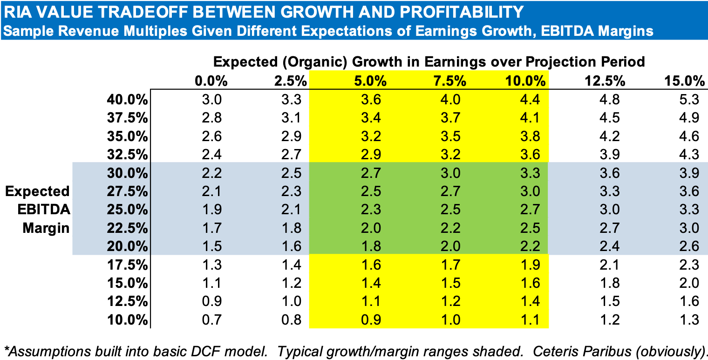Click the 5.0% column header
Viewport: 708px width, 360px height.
click(370, 81)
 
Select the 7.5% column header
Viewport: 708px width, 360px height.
click(450, 81)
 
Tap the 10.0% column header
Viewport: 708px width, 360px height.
click(525, 81)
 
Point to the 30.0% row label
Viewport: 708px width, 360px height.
click(126, 173)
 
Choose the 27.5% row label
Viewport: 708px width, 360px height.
click(126, 191)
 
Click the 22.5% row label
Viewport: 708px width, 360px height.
click(126, 228)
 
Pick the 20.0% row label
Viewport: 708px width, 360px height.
click(126, 246)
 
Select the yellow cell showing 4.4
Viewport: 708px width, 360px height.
click(530, 100)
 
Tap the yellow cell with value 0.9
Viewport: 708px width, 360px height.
click(371, 319)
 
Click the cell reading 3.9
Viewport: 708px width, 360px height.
click(689, 173)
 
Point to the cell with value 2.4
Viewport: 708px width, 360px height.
click(610, 246)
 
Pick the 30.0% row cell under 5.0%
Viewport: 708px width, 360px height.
click(371, 173)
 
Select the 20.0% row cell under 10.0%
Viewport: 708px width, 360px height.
click(530, 246)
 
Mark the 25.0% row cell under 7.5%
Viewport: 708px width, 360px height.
click(450, 210)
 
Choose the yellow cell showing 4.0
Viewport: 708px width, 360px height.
click(450, 100)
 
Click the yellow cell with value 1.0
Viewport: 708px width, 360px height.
click(450, 319)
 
